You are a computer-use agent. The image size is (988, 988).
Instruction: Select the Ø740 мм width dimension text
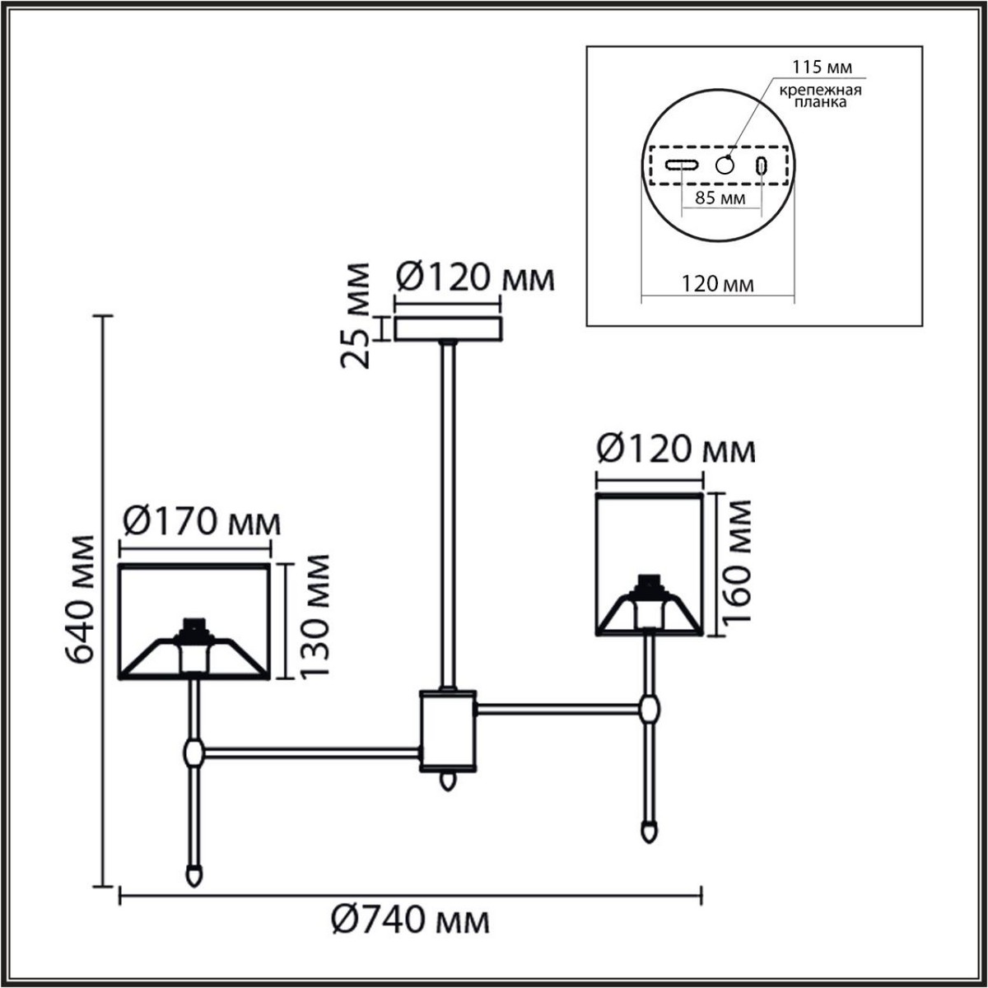pyautogui.click(x=411, y=920)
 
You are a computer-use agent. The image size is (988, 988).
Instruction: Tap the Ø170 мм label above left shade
pyautogui.click(x=201, y=522)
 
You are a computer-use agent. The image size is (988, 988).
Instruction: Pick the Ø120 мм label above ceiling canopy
pyautogui.click(x=475, y=279)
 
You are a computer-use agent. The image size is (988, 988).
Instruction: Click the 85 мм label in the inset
pyautogui.click(x=721, y=198)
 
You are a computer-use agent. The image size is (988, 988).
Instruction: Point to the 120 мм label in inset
pyautogui.click(x=716, y=285)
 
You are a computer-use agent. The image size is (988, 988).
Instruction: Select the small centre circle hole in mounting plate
pyautogui.click(x=724, y=165)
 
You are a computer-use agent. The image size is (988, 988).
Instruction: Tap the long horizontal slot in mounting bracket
pyautogui.click(x=683, y=165)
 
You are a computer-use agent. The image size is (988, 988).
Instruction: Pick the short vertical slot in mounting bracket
pyautogui.click(x=762, y=165)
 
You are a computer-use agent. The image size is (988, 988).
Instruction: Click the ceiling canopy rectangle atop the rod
pyautogui.click(x=448, y=329)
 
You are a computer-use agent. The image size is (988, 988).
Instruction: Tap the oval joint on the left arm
pyautogui.click(x=194, y=751)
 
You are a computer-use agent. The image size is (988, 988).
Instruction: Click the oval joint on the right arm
pyautogui.click(x=650, y=707)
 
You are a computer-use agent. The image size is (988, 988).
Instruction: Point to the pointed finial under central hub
pyautogui.click(x=448, y=781)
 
